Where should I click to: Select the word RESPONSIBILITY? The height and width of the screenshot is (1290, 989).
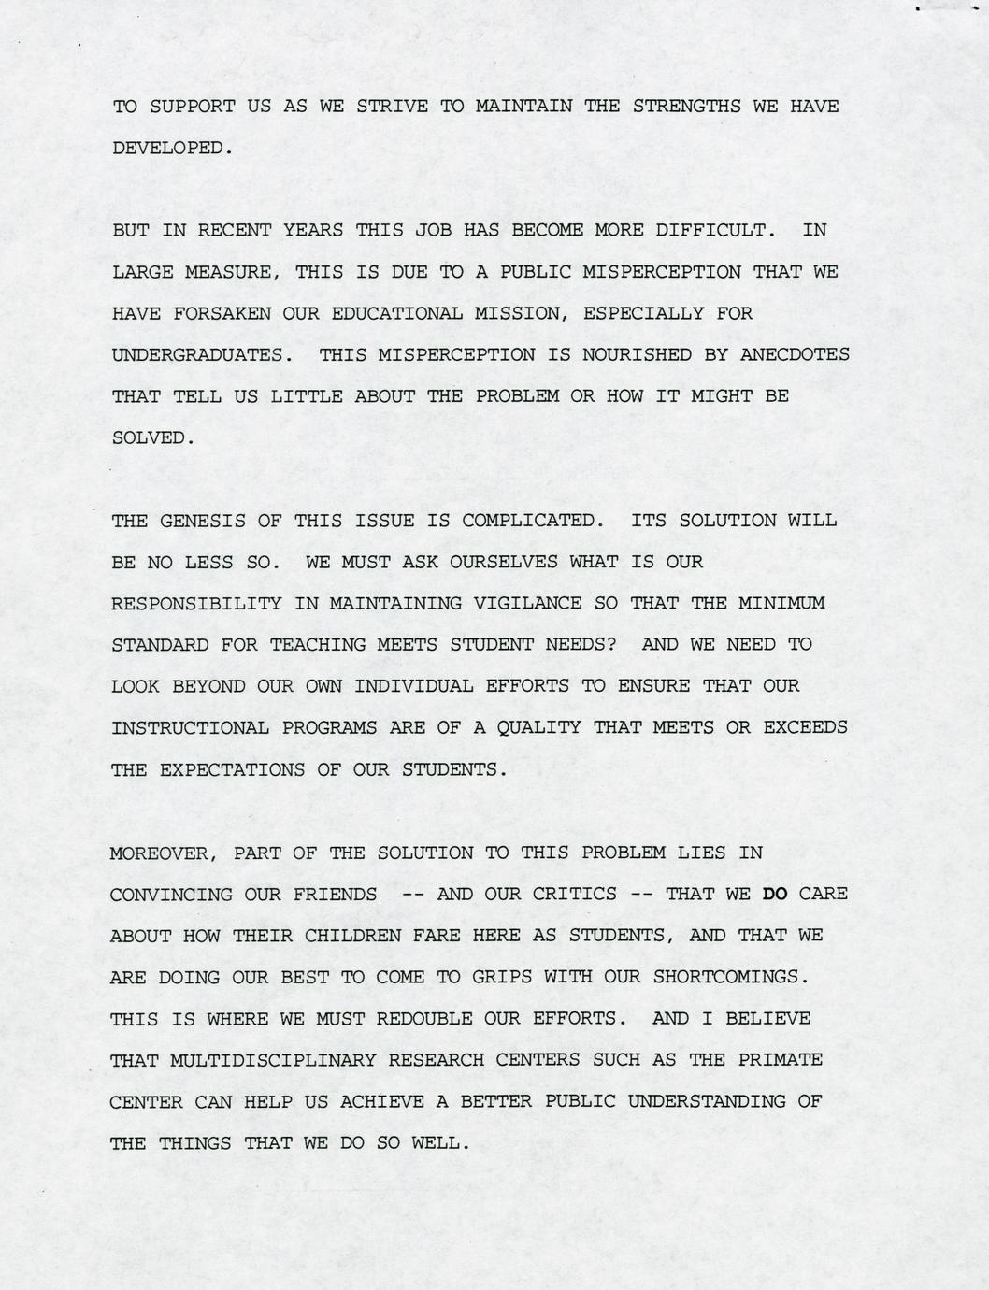click(196, 604)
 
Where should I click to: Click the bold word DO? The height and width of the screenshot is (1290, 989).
click(775, 895)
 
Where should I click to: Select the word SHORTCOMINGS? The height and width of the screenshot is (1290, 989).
click(728, 977)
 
